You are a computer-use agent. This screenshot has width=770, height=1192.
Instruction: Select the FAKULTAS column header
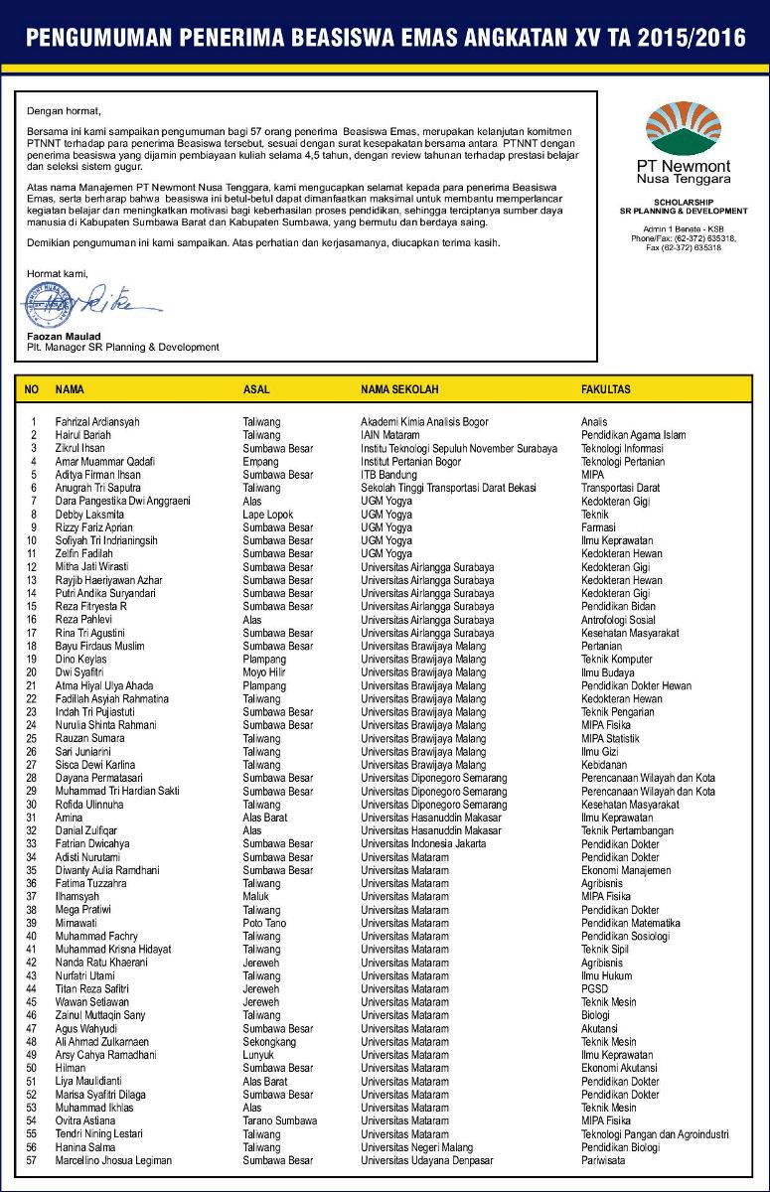605,389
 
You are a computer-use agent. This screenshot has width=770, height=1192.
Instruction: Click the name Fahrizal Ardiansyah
97,422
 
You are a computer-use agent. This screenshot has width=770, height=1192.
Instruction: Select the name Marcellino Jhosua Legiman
113,1160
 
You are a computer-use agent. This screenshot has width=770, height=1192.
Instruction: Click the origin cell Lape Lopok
267,515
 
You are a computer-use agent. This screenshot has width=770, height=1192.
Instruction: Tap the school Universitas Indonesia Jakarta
423,844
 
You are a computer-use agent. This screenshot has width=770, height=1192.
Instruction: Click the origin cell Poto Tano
264,923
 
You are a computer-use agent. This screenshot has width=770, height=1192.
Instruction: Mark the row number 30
32,805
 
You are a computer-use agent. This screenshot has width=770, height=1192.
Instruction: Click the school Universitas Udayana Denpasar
425,1160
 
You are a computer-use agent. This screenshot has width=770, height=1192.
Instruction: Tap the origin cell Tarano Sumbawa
278,1120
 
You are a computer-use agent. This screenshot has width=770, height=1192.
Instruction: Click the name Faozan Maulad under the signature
58,337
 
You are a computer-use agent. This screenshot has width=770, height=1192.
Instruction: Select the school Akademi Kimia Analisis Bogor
424,422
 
